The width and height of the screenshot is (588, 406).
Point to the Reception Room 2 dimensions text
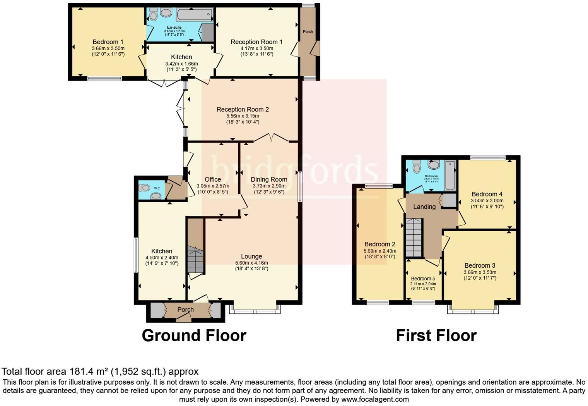click(243, 119)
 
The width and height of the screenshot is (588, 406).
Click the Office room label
click(213, 179)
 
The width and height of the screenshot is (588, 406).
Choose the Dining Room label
click(269, 179)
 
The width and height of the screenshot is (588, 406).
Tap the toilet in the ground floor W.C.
click(144, 188)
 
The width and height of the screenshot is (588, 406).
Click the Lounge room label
click(251, 256)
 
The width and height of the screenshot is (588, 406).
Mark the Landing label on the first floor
click(424, 207)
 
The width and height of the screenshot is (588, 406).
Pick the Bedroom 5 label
click(423, 279)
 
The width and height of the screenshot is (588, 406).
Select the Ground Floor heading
click(194, 335)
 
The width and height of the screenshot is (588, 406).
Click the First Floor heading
click(436, 335)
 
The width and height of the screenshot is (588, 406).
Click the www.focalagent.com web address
click(375, 399)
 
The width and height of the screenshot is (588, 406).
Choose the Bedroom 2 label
click(380, 244)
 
